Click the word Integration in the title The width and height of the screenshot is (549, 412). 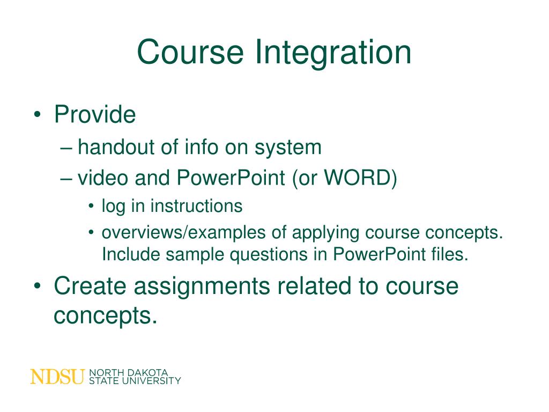tap(333, 53)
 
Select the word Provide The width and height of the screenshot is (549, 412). tap(95, 115)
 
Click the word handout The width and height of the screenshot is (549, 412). tap(111, 147)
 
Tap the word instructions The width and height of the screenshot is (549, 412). tap(196, 206)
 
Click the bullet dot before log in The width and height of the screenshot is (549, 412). tap(92, 207)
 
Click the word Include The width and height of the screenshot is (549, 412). tap(130, 254)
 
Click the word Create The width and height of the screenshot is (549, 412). tap(90, 286)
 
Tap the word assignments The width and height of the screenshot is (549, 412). tap(202, 287)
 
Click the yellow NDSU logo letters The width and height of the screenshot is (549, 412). tap(57, 377)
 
